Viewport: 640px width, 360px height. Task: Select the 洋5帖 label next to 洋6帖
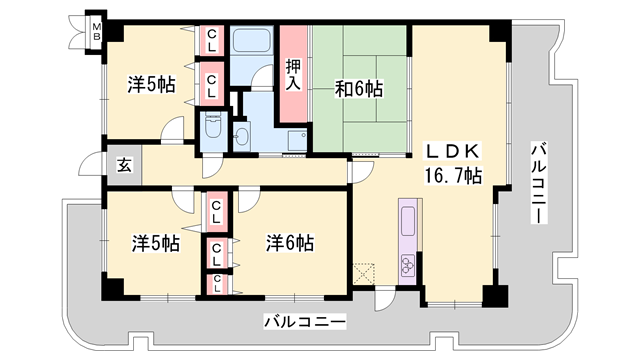point(155,243)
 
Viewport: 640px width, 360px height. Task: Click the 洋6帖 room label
point(290,243)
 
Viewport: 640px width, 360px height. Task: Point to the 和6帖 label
point(357,89)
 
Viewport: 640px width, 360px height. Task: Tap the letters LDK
point(455,152)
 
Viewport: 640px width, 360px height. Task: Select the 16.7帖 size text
point(455,176)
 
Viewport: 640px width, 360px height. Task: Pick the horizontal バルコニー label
point(305,322)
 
